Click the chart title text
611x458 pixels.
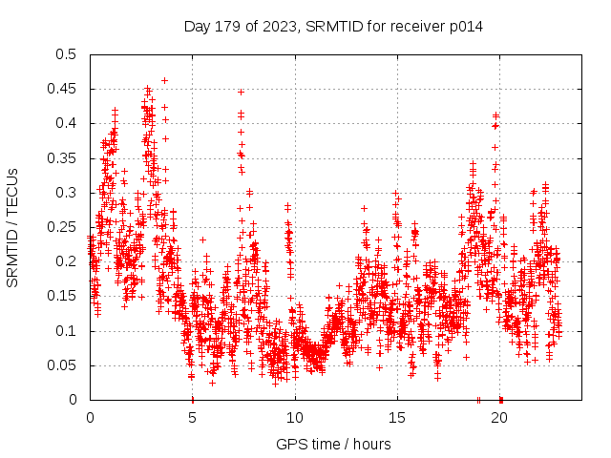333,27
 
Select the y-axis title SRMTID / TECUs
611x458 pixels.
13,227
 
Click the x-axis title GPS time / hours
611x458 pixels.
333,444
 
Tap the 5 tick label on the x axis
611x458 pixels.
192,418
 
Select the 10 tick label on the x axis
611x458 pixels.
294,418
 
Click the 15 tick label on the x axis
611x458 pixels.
396,418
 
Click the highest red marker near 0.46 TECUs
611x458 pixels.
164,81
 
